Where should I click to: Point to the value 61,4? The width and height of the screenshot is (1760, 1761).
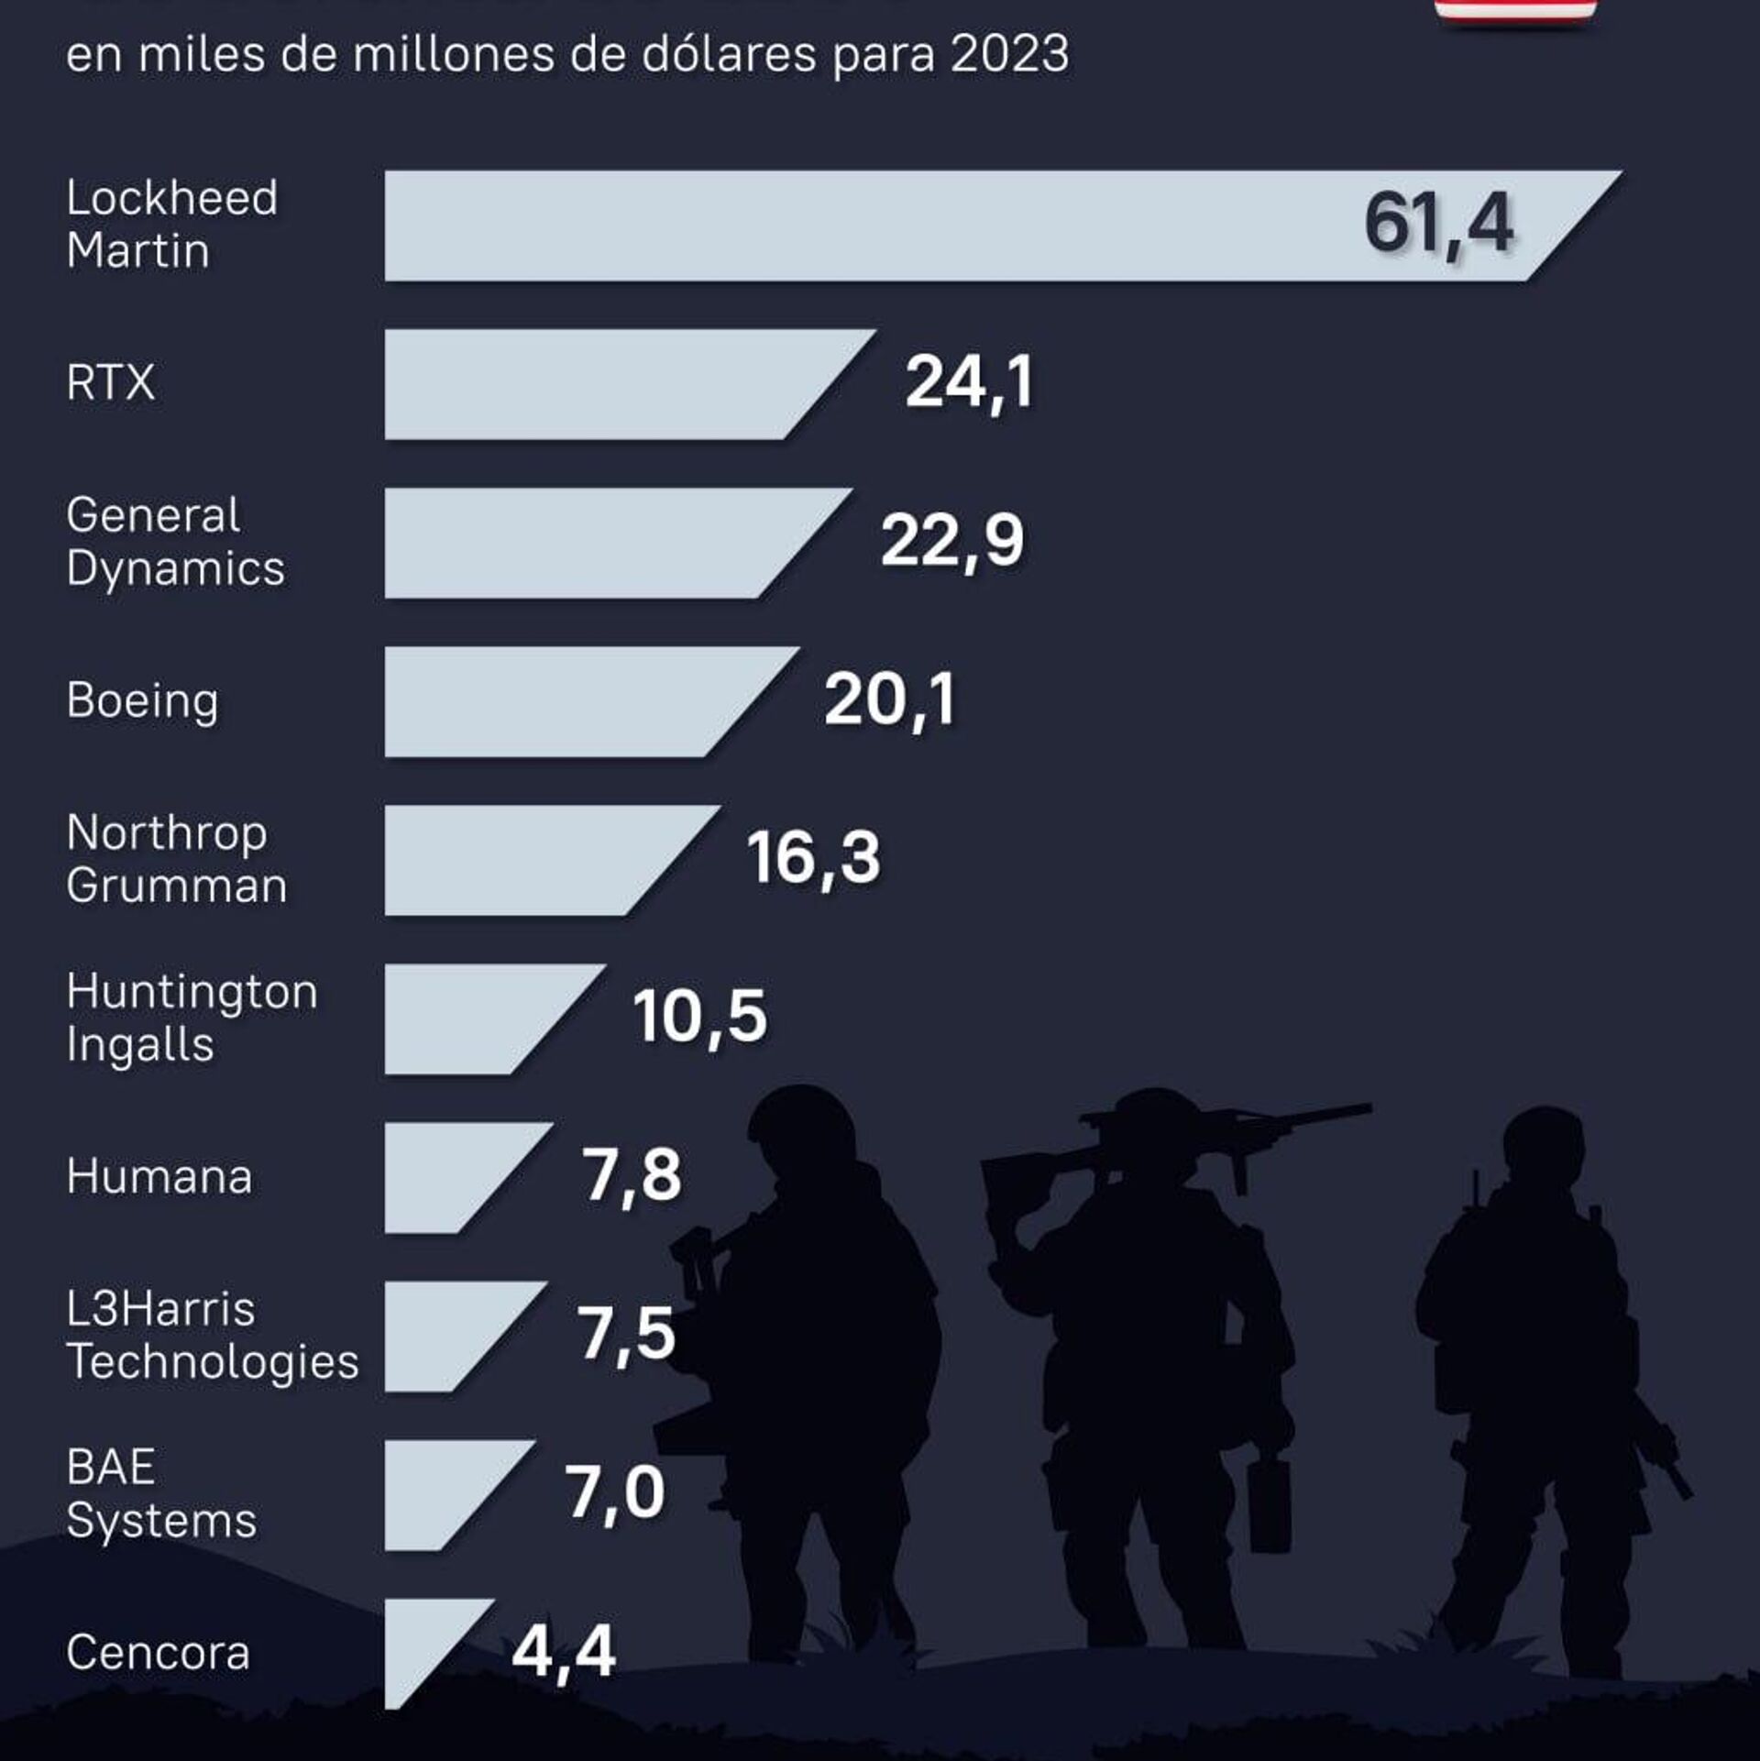click(1437, 225)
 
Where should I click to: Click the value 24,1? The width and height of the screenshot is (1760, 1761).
click(969, 383)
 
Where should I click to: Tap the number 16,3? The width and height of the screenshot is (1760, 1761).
click(813, 859)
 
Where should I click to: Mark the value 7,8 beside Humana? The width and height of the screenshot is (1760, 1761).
click(632, 1176)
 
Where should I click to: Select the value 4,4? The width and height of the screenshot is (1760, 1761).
click(563, 1652)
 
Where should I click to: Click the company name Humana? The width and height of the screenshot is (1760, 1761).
click(159, 1176)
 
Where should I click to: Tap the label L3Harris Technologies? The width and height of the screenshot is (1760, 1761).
click(212, 1335)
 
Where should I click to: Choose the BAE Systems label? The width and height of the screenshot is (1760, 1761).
click(161, 1493)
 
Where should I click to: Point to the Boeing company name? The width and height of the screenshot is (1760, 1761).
click(142, 701)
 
